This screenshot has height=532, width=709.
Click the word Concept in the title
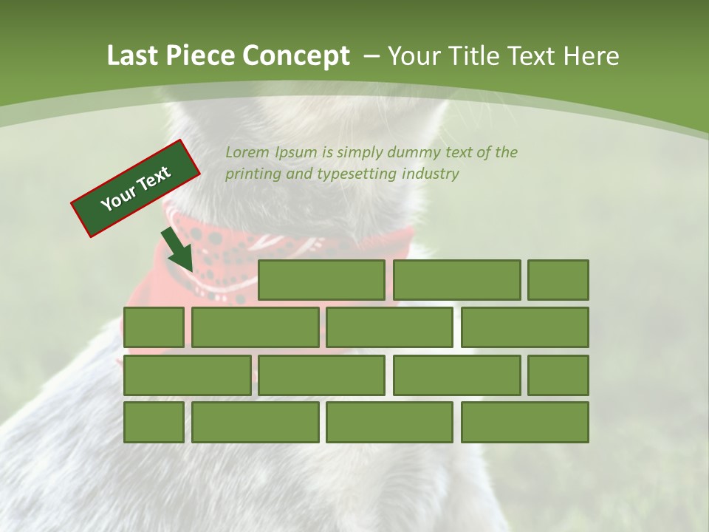[x=297, y=56]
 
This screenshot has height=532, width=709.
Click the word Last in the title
[x=133, y=56]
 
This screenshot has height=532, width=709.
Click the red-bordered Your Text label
[x=136, y=188]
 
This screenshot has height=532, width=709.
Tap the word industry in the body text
[x=431, y=174]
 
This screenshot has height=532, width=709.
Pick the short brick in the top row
[x=558, y=280]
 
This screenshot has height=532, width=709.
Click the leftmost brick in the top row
[x=321, y=280]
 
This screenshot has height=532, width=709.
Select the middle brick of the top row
[x=456, y=280]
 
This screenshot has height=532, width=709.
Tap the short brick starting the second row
[x=154, y=327]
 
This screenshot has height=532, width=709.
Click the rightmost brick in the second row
[x=524, y=327]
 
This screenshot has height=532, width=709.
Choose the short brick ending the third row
[x=558, y=375]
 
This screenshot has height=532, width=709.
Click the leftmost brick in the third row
[x=187, y=375]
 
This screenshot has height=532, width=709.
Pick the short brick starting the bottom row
[x=154, y=423]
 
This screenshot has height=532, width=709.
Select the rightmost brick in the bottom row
[x=524, y=423]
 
